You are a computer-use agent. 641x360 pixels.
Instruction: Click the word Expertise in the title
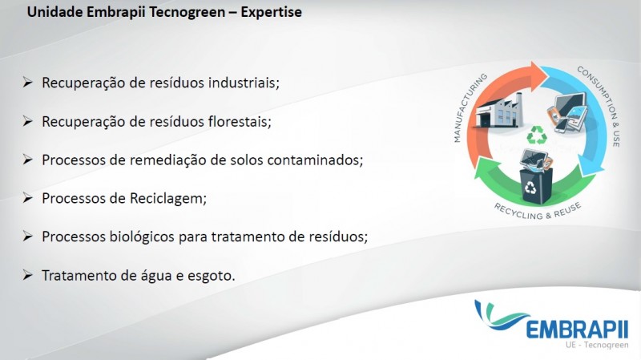coord(271,12)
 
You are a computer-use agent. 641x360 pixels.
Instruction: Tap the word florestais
coord(240,122)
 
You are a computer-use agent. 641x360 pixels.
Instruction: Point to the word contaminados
coord(315,160)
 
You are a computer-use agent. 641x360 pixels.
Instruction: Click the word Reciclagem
coord(168,199)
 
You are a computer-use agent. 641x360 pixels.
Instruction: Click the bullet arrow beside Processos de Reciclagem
coord(27,198)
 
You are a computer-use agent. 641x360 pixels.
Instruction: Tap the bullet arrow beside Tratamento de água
coord(27,275)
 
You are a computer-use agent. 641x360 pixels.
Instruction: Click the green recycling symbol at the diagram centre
coord(537,135)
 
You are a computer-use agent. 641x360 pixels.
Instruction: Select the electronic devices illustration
coord(567,112)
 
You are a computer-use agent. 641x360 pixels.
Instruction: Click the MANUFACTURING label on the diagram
coord(470,107)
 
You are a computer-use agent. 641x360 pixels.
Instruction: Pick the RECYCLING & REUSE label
coord(538,212)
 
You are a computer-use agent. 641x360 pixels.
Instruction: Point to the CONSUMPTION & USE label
coord(599,105)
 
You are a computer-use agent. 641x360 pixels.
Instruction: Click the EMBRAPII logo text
coord(576,329)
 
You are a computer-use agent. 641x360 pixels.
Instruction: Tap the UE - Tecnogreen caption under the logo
coord(597,345)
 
